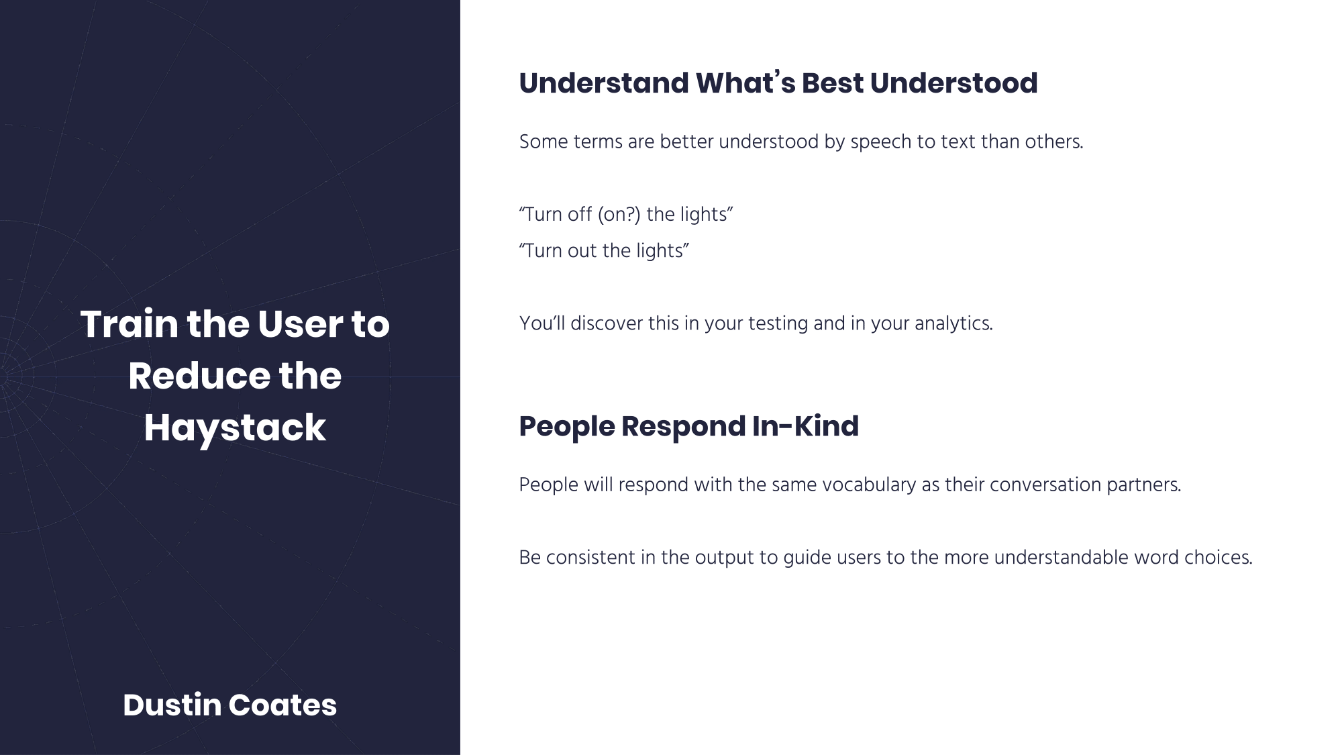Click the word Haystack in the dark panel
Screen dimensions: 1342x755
pos(235,428)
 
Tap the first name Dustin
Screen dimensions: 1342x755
pos(172,705)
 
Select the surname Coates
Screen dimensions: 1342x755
pos(282,705)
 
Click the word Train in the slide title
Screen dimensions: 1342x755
pos(130,323)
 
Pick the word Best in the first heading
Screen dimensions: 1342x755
pos(832,83)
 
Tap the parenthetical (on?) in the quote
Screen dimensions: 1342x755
pos(619,215)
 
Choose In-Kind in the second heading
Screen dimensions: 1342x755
pos(805,426)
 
